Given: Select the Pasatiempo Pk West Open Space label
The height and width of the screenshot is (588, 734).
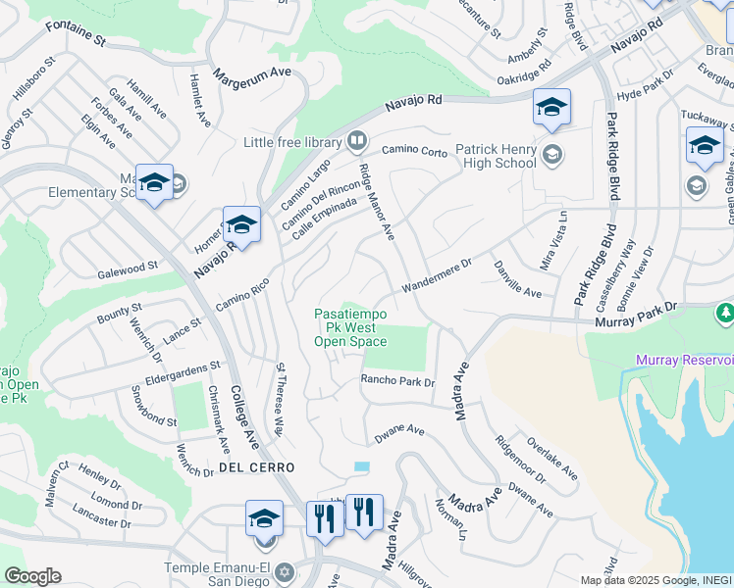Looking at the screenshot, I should (350, 327).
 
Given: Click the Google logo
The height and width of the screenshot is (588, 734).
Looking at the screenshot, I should (31, 576).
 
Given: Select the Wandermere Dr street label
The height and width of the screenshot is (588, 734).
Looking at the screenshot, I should (436, 275).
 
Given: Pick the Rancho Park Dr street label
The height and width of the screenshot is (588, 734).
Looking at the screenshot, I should (397, 382).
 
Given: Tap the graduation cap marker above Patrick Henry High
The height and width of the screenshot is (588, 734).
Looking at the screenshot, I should (551, 107).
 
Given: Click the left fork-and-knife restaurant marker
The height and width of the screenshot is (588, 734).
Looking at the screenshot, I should (322, 515).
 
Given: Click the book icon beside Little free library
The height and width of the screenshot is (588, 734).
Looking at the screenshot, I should (354, 140).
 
